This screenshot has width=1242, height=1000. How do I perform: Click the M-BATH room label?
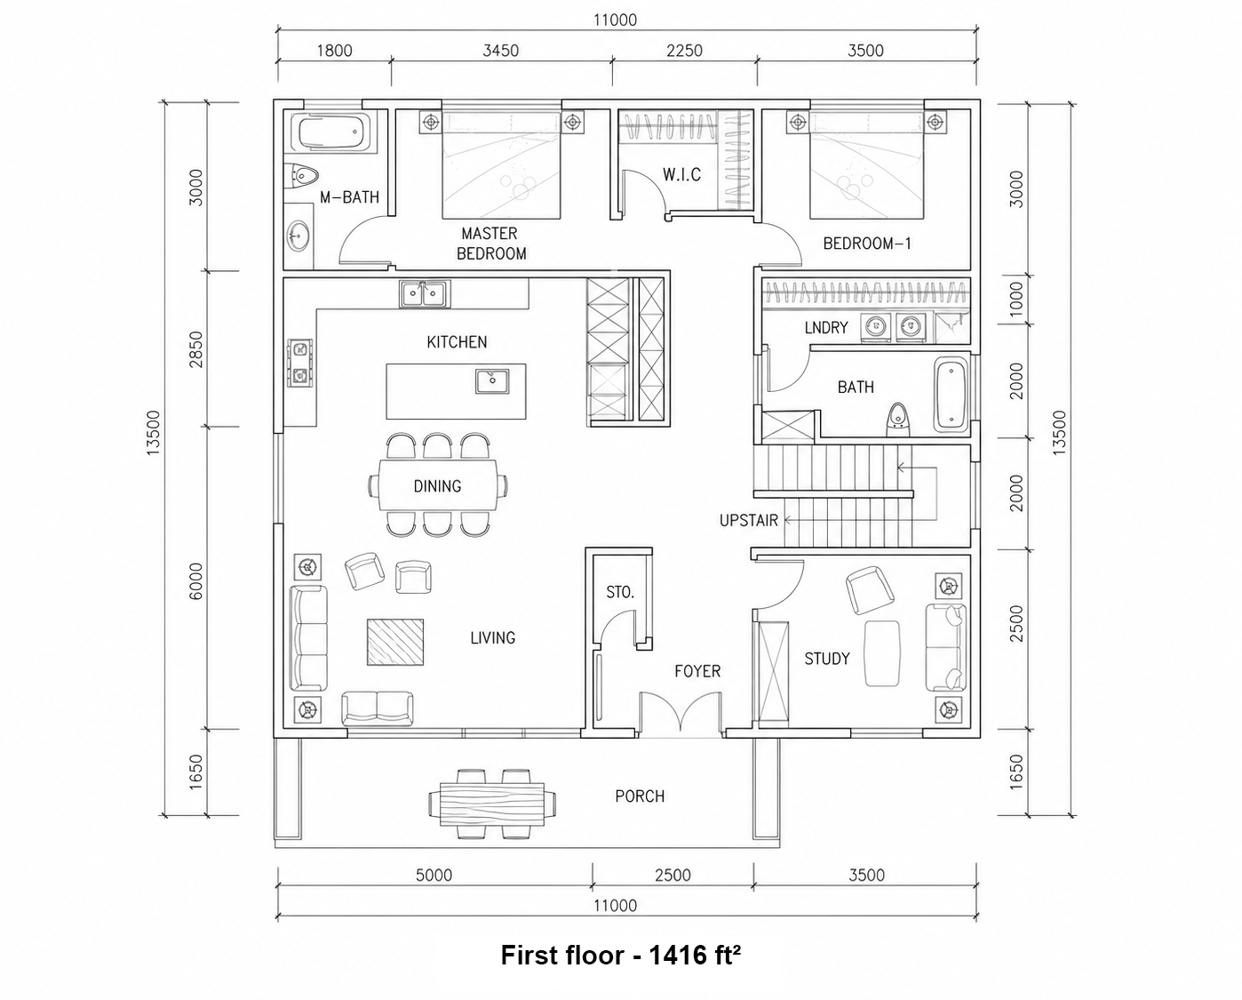[349, 197]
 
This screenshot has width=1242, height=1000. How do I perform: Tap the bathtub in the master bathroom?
[332, 133]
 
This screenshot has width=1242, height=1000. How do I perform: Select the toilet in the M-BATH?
[302, 174]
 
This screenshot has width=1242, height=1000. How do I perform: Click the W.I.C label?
[681, 174]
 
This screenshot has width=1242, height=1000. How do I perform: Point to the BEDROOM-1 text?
[867, 244]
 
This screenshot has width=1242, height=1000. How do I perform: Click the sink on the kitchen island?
[491, 381]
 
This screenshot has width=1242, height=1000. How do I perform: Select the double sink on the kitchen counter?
[424, 294]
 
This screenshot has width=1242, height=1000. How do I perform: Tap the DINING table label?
[437, 486]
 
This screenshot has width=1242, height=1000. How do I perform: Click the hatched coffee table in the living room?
[395, 642]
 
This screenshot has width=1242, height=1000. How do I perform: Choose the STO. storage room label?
[620, 592]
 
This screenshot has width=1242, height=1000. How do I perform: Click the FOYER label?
[697, 671]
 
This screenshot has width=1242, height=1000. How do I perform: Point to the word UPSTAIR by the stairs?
[749, 521]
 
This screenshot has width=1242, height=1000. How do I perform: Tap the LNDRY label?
[826, 328]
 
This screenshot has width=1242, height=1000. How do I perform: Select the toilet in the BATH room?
[897, 420]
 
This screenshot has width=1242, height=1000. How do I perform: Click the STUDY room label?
[827, 659]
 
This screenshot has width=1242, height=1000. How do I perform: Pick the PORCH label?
[640, 796]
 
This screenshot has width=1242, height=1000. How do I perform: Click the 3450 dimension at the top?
[500, 51]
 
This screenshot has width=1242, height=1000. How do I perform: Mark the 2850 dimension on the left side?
[196, 348]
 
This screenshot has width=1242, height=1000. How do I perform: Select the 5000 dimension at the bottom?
[434, 876]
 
